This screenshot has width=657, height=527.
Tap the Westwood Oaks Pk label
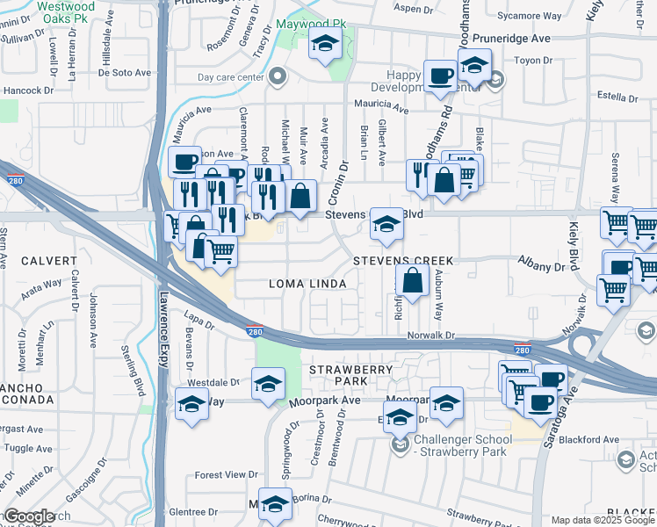(x=67, y=11)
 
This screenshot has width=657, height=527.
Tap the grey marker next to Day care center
(x=278, y=77)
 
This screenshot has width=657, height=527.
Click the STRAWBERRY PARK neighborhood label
(x=350, y=376)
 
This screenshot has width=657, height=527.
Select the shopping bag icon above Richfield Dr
(x=412, y=282)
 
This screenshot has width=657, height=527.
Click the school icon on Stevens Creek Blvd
(x=385, y=224)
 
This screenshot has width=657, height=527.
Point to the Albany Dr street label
(x=539, y=266)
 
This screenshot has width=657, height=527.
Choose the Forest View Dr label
(x=226, y=475)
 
